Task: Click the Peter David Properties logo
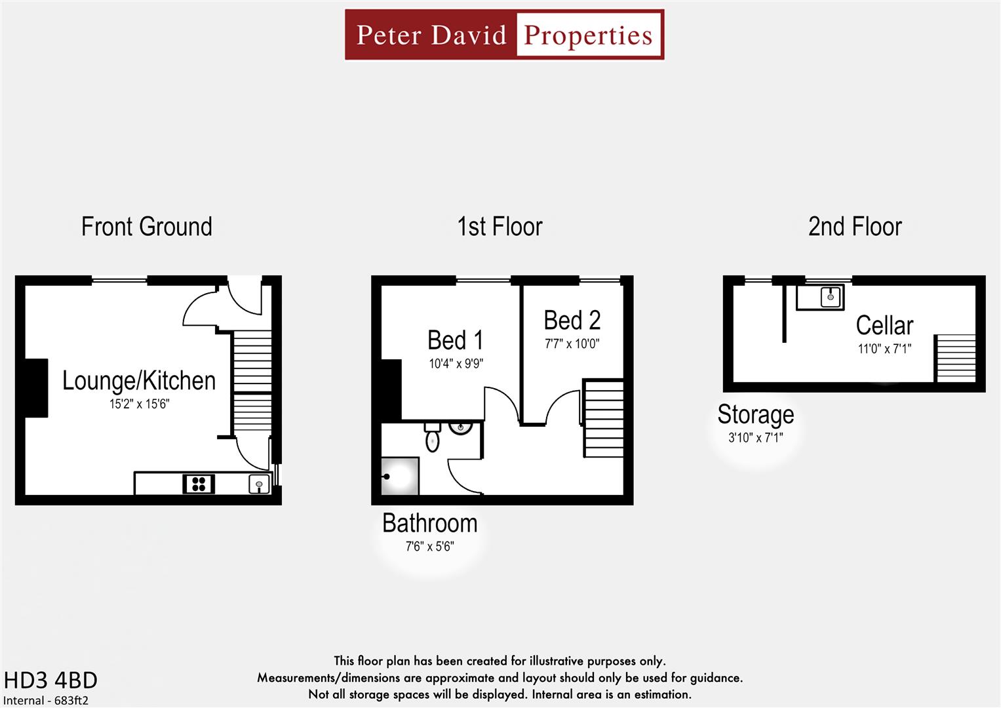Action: click(504, 35)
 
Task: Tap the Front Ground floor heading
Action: click(146, 227)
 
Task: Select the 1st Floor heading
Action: click(500, 227)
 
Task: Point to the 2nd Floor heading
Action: click(855, 227)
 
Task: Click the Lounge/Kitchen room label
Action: click(139, 381)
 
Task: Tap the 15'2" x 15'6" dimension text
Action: click(139, 404)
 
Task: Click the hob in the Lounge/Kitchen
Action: click(199, 484)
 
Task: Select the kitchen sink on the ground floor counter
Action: click(259, 484)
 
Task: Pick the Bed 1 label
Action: click(455, 341)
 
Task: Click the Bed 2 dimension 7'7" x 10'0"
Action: click(572, 344)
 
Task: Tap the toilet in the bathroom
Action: click(432, 437)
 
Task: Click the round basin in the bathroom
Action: click(461, 428)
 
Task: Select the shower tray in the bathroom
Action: click(400, 476)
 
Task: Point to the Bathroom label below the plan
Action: click(429, 524)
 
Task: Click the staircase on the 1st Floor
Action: click(603, 418)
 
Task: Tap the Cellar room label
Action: click(884, 326)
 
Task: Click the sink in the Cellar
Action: click(830, 297)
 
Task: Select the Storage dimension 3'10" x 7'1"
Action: click(755, 438)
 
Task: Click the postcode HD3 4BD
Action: click(50, 680)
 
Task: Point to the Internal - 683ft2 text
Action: click(46, 700)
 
